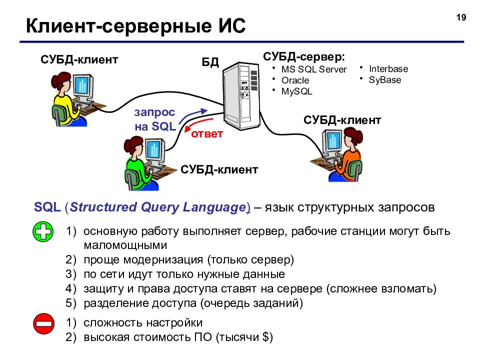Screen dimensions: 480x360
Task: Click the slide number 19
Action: tap(461, 17)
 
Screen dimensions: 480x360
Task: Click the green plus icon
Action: tap(43, 231)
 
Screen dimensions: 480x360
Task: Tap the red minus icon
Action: tap(44, 323)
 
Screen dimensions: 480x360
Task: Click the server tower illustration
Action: tap(241, 95)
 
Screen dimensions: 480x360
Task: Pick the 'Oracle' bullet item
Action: tap(295, 80)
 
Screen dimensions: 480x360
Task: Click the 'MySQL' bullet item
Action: tap(296, 91)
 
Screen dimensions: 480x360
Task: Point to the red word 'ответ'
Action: tap(207, 134)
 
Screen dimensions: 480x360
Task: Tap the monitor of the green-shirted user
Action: tap(155, 149)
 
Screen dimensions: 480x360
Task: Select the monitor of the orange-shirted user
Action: tap(332, 142)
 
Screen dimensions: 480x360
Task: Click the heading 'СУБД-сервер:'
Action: tap(304, 56)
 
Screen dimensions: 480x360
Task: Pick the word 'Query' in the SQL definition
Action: tap(159, 207)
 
